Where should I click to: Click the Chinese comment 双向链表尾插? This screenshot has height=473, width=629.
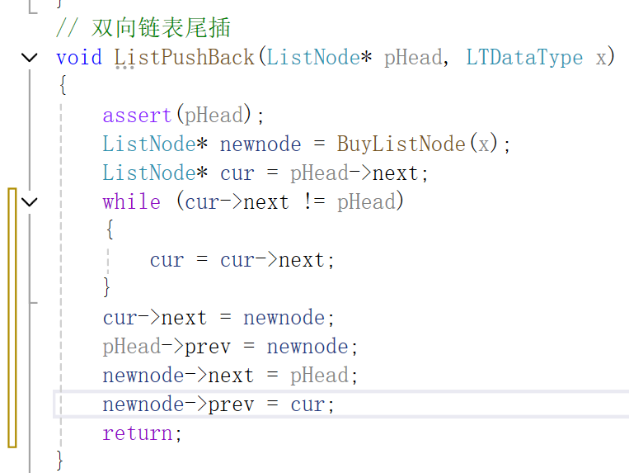click(x=161, y=28)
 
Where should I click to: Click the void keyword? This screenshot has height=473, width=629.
click(x=78, y=57)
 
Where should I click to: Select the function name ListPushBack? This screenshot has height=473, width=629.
click(x=185, y=57)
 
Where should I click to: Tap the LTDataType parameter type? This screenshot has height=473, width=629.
click(x=524, y=57)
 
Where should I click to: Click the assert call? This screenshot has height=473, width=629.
click(x=137, y=115)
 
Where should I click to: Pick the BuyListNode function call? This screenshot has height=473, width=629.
click(x=401, y=144)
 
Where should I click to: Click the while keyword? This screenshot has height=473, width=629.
click(x=131, y=201)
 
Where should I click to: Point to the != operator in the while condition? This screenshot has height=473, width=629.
click(x=313, y=201)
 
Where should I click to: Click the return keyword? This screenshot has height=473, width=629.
click(x=137, y=433)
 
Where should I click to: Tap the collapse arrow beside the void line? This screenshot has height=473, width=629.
click(x=30, y=57)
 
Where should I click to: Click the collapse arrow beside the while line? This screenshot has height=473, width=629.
click(x=30, y=201)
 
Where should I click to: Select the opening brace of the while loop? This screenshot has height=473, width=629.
click(x=109, y=230)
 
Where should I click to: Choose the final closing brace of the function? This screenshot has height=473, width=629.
click(x=60, y=459)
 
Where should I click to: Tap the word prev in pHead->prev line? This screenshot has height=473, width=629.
click(x=207, y=346)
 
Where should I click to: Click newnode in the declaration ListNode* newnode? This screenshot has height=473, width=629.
click(x=260, y=144)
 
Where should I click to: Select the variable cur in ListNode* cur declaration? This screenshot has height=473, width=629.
click(x=237, y=173)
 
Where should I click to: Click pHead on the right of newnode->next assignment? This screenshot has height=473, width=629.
click(x=319, y=375)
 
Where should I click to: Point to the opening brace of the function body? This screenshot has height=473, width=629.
click(x=62, y=86)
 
